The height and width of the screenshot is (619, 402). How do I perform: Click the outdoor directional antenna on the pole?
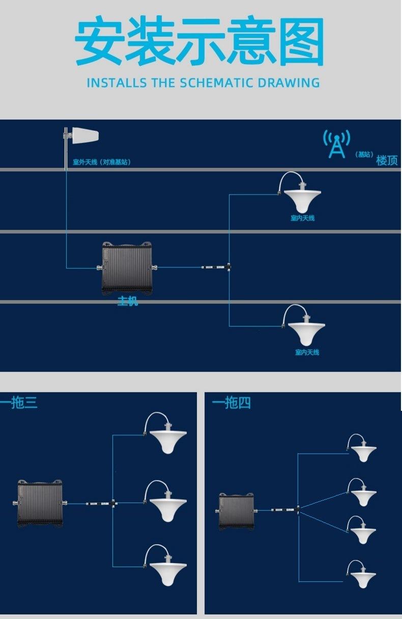pos(83,136)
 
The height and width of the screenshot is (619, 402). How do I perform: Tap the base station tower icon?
pos(337,144)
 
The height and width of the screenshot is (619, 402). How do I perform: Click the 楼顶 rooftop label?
pos(387,160)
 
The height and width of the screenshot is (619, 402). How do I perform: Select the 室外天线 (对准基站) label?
pos(102,162)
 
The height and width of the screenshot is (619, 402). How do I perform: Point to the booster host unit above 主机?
pos(127,268)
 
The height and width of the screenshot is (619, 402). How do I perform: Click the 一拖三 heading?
pos(19,403)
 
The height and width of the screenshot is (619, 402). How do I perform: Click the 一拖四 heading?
pos(232,403)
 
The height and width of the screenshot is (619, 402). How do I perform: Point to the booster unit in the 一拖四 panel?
pos(236,511)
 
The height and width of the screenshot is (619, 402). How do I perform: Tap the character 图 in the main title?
pos(300,42)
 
